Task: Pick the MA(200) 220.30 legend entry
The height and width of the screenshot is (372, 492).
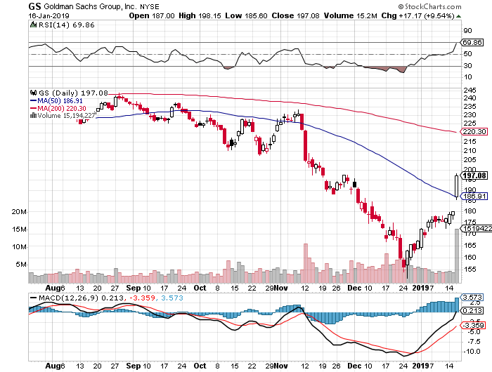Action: [x=60, y=108]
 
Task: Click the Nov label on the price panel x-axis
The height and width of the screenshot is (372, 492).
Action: [x=280, y=288]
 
